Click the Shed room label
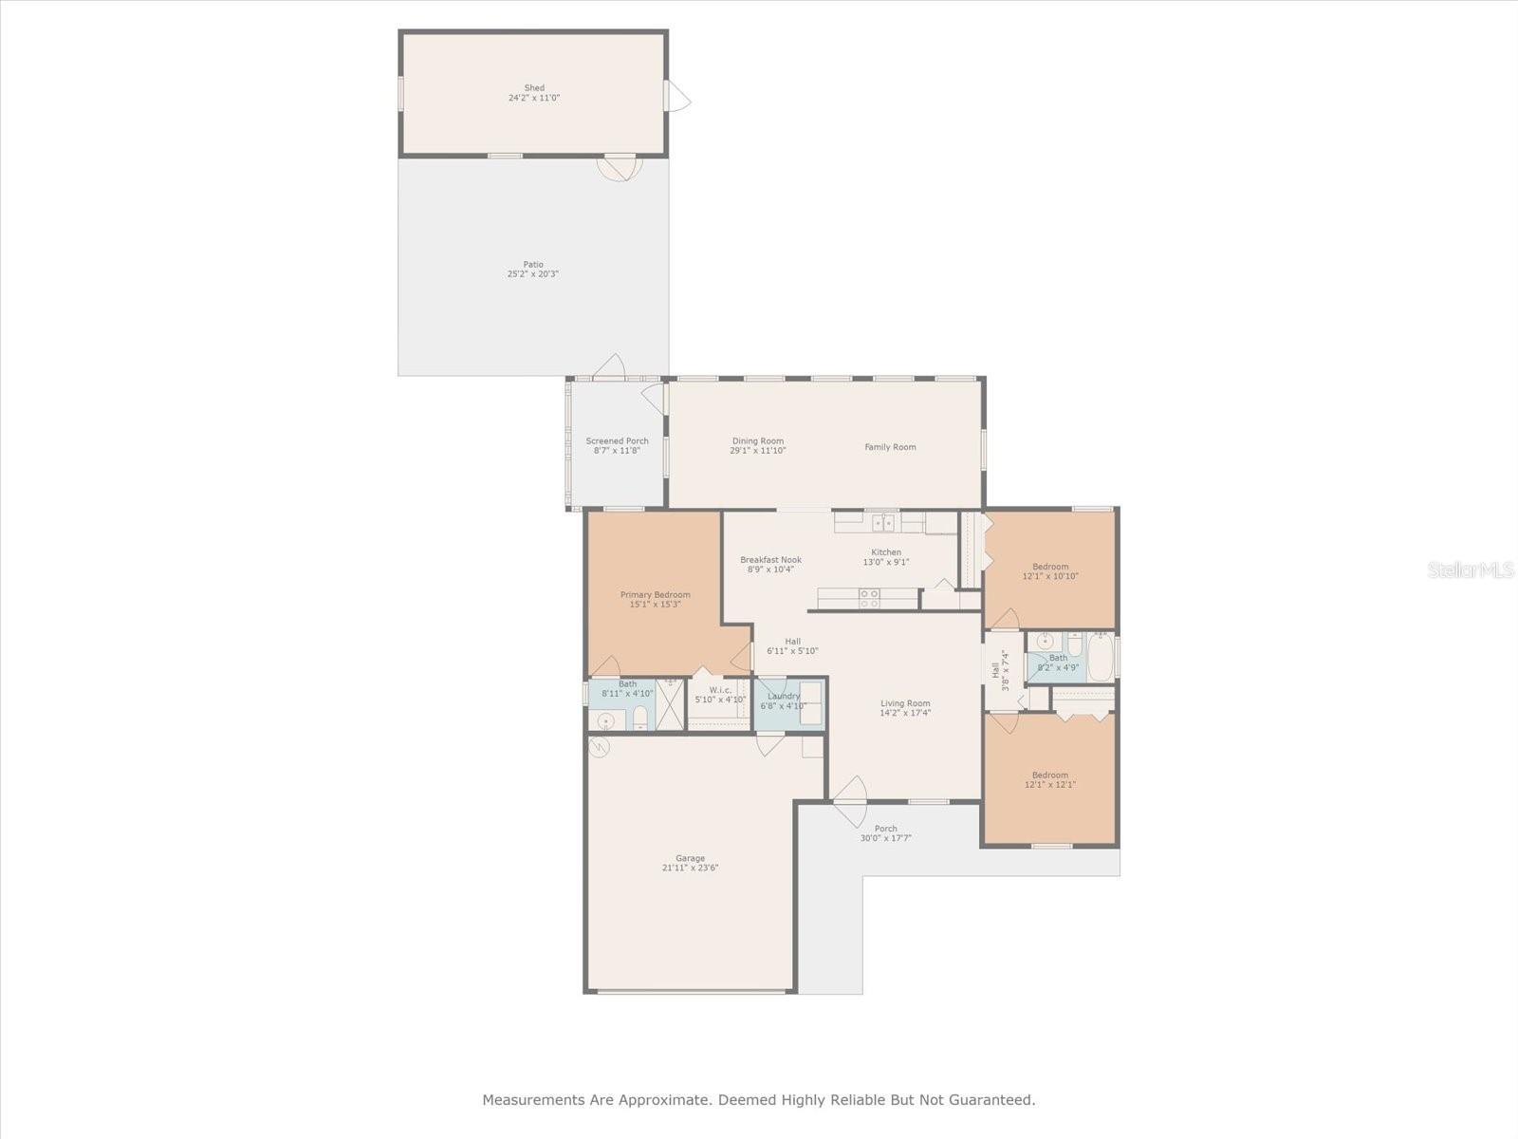click(x=534, y=87)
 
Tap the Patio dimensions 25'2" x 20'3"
click(x=532, y=274)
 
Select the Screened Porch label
click(x=617, y=440)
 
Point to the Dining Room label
click(x=757, y=440)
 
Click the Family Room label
click(x=890, y=447)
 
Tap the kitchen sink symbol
click(x=883, y=522)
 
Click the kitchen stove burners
click(x=869, y=598)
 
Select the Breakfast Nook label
click(x=770, y=560)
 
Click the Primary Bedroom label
click(x=655, y=595)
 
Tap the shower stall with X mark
click(x=670, y=703)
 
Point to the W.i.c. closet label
click(x=719, y=690)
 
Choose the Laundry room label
click(x=784, y=696)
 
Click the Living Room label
click(x=904, y=703)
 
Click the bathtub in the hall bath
click(x=1100, y=657)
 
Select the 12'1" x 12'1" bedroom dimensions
click(x=1049, y=785)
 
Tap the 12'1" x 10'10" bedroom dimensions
click(x=1049, y=576)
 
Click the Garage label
click(x=690, y=858)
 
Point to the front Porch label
click(x=885, y=829)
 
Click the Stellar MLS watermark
click(x=1471, y=570)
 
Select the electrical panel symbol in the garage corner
click(x=600, y=748)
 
